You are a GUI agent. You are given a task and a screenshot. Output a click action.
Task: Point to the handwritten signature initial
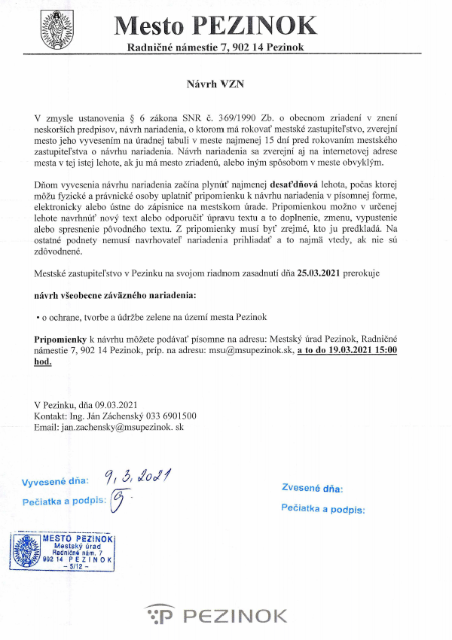117,499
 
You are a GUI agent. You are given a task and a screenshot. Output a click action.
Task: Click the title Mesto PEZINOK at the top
216,26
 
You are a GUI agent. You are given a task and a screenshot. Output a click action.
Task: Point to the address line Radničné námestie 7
216,48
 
